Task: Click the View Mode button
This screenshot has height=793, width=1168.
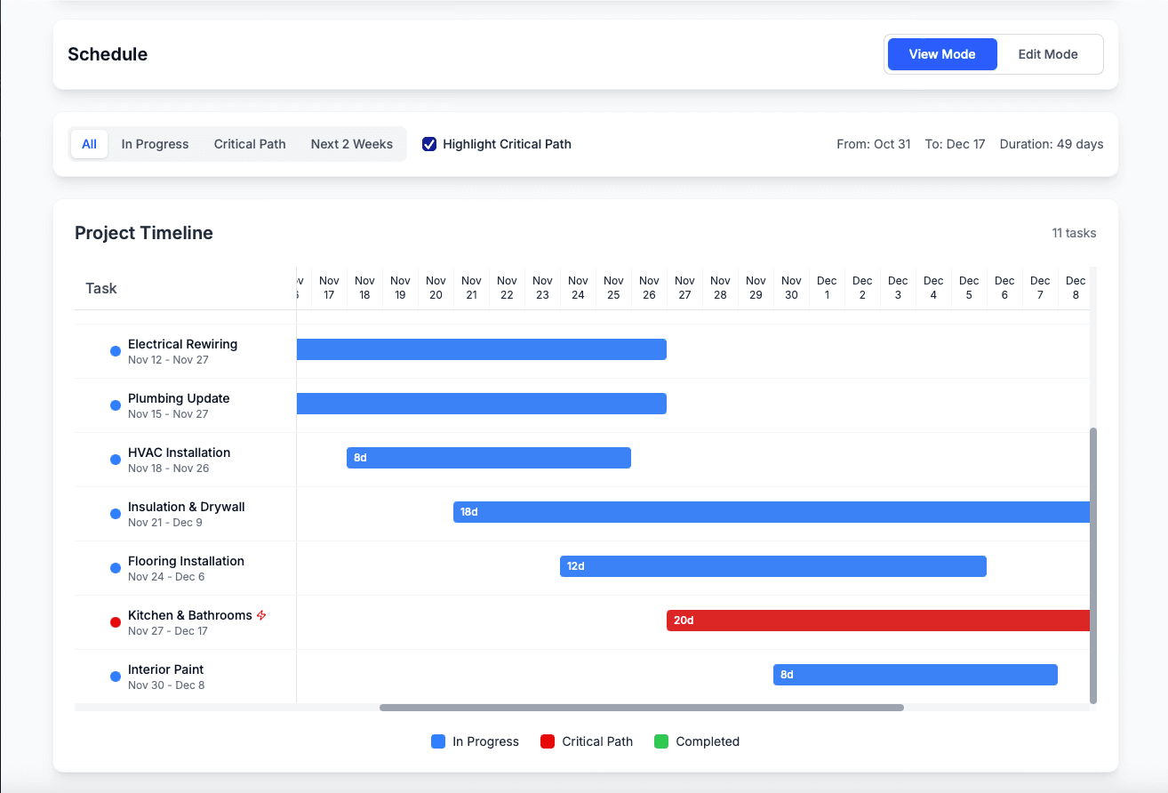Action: tap(942, 54)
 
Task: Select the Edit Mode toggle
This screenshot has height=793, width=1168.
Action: tap(1048, 54)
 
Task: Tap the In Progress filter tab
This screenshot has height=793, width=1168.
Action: tap(155, 144)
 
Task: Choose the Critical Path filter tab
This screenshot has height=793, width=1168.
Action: tap(250, 144)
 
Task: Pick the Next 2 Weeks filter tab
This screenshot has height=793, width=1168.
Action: tap(351, 144)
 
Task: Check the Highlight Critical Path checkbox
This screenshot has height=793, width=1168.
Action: tap(429, 144)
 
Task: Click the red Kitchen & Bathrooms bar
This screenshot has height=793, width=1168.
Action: tap(877, 621)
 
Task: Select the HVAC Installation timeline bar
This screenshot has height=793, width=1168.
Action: tap(488, 458)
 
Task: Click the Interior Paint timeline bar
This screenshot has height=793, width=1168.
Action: tap(915, 675)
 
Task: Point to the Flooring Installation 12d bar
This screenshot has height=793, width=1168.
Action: tap(772, 566)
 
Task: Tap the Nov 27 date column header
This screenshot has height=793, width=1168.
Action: tap(684, 288)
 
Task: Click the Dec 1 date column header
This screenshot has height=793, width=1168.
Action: tap(827, 288)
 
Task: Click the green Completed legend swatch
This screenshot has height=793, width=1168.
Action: tap(661, 741)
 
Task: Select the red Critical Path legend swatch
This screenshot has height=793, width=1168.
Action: tap(548, 741)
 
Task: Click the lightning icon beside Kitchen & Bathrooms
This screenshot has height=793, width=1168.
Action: tap(261, 615)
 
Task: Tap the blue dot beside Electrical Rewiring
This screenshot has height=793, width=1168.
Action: tap(116, 351)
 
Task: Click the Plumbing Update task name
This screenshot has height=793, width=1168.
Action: tap(179, 398)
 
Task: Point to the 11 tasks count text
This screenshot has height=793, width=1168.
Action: tap(1074, 233)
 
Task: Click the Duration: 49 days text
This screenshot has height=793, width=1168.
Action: tap(1052, 144)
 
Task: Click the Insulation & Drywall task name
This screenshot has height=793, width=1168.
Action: tap(186, 507)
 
